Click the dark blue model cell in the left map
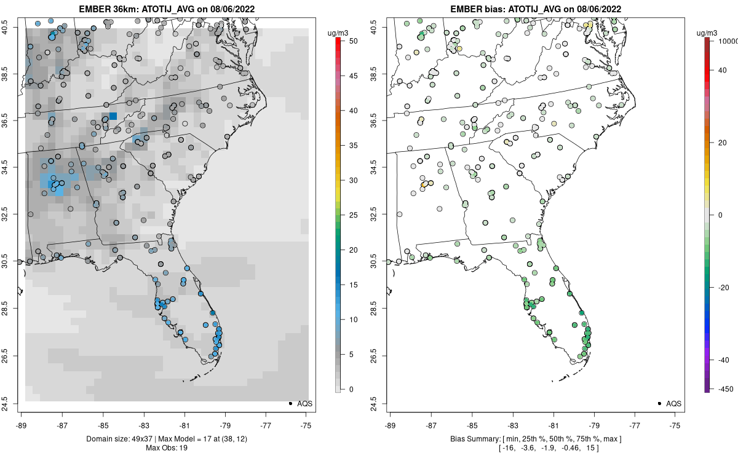pos(113,116)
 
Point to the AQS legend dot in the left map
pos(290,403)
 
